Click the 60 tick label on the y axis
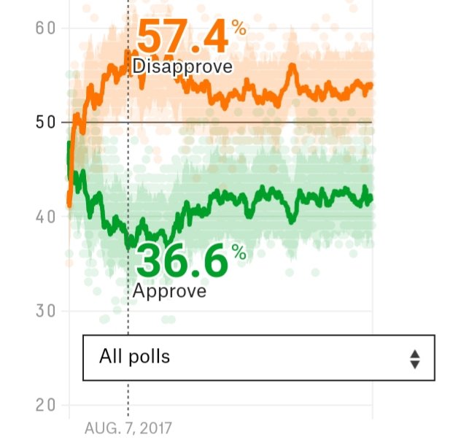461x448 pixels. (x=45, y=28)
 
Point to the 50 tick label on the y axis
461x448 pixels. (x=45, y=123)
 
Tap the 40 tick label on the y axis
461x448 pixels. (x=45, y=217)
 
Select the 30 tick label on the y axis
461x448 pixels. (x=45, y=311)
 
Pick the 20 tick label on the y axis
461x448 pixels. (x=45, y=405)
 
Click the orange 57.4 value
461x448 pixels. (x=182, y=38)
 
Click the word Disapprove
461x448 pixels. (x=182, y=67)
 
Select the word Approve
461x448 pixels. (x=169, y=290)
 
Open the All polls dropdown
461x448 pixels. (x=259, y=358)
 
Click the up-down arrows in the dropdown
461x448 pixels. (x=414, y=358)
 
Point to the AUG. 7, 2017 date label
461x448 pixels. (x=129, y=428)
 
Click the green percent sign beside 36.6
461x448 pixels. (x=239, y=252)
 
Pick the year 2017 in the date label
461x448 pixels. (x=158, y=428)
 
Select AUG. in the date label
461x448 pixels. (x=99, y=428)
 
